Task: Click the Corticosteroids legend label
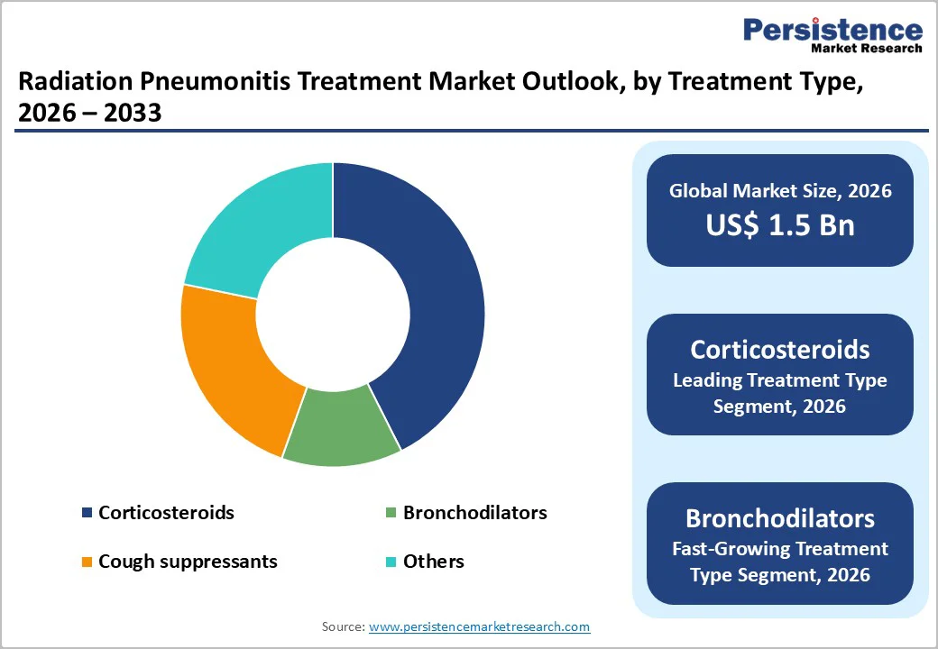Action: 166,513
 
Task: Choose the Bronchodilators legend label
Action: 474,513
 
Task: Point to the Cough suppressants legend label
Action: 188,562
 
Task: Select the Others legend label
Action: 433,562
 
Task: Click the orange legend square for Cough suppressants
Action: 87,562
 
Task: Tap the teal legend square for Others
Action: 391,562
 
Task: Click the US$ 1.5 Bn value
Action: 779,224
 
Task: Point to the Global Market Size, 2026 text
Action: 779,190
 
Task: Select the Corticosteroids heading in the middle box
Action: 779,350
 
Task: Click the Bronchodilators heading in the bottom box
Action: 779,518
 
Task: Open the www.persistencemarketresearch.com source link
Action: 479,626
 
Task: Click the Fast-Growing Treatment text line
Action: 779,548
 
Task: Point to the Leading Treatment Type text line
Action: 779,379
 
